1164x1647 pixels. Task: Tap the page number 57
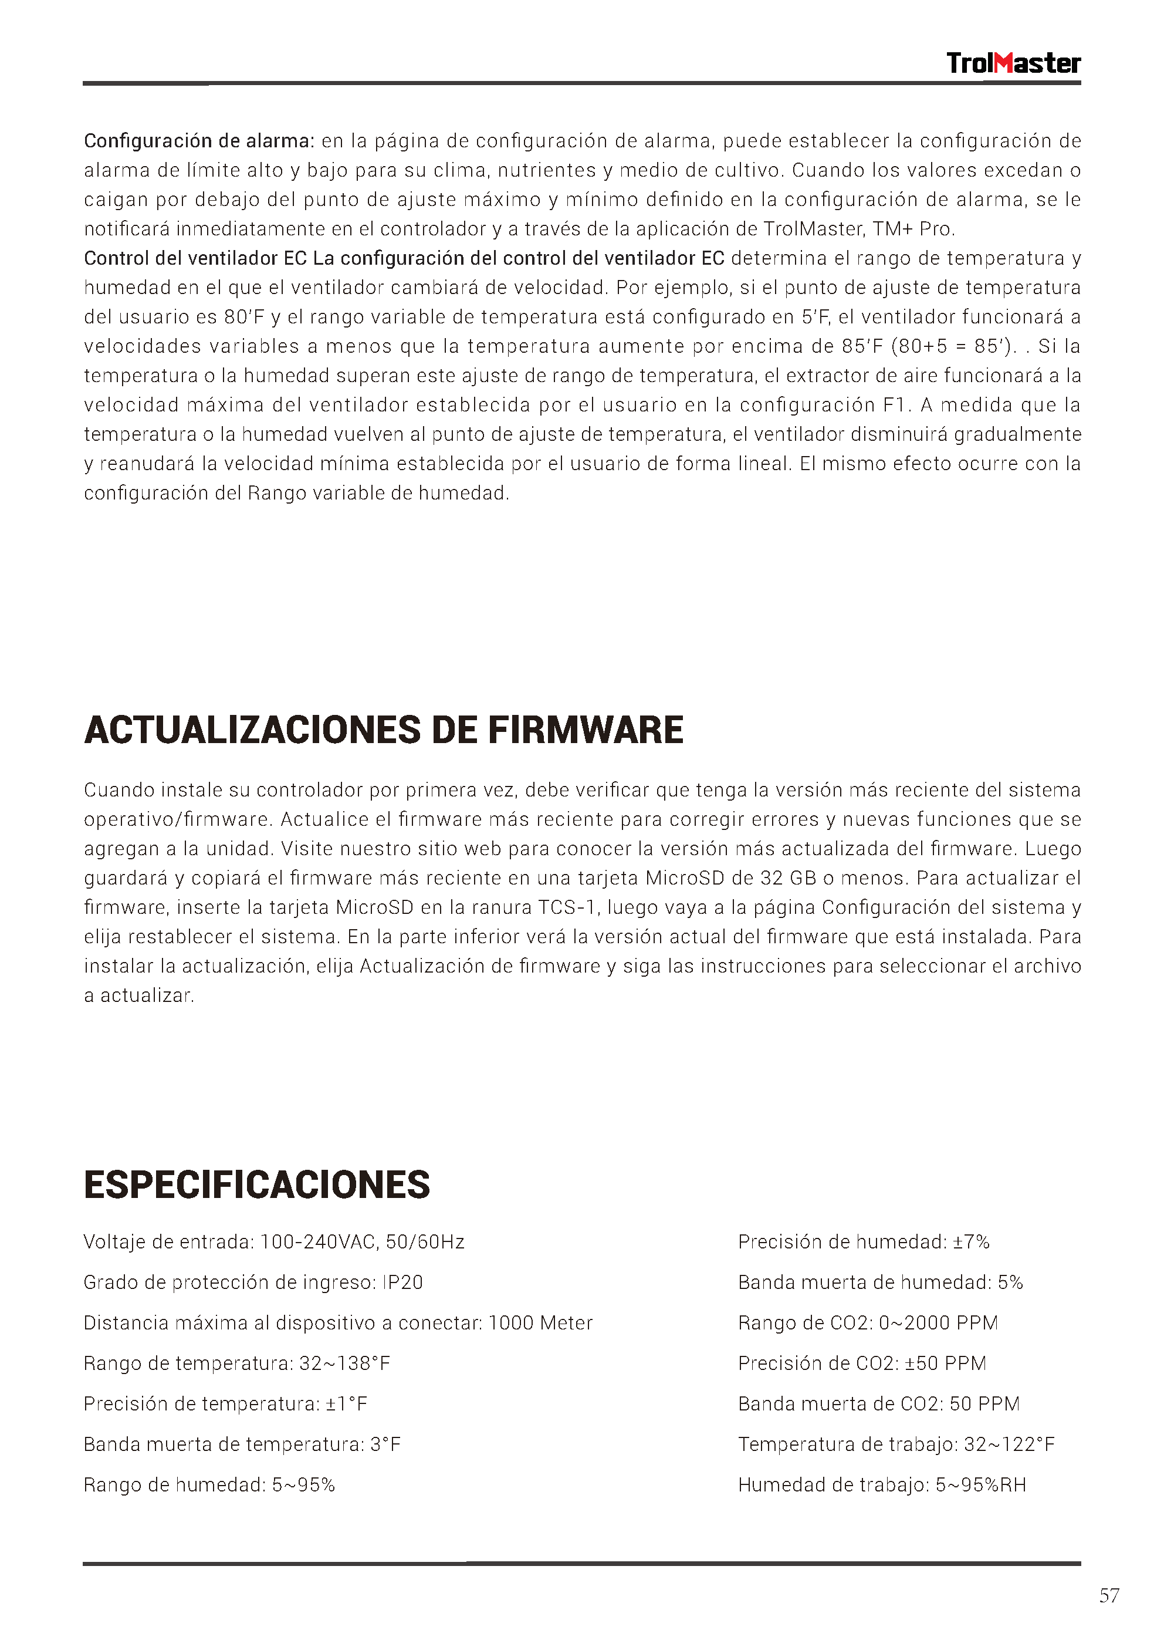click(x=1109, y=1595)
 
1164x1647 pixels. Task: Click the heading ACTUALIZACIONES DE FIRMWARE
click(x=384, y=730)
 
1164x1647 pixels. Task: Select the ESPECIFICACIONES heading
click(x=257, y=1185)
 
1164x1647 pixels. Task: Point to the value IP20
click(x=402, y=1283)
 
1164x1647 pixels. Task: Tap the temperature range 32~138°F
click(x=344, y=1363)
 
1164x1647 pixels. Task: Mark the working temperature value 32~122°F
click(x=1009, y=1444)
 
